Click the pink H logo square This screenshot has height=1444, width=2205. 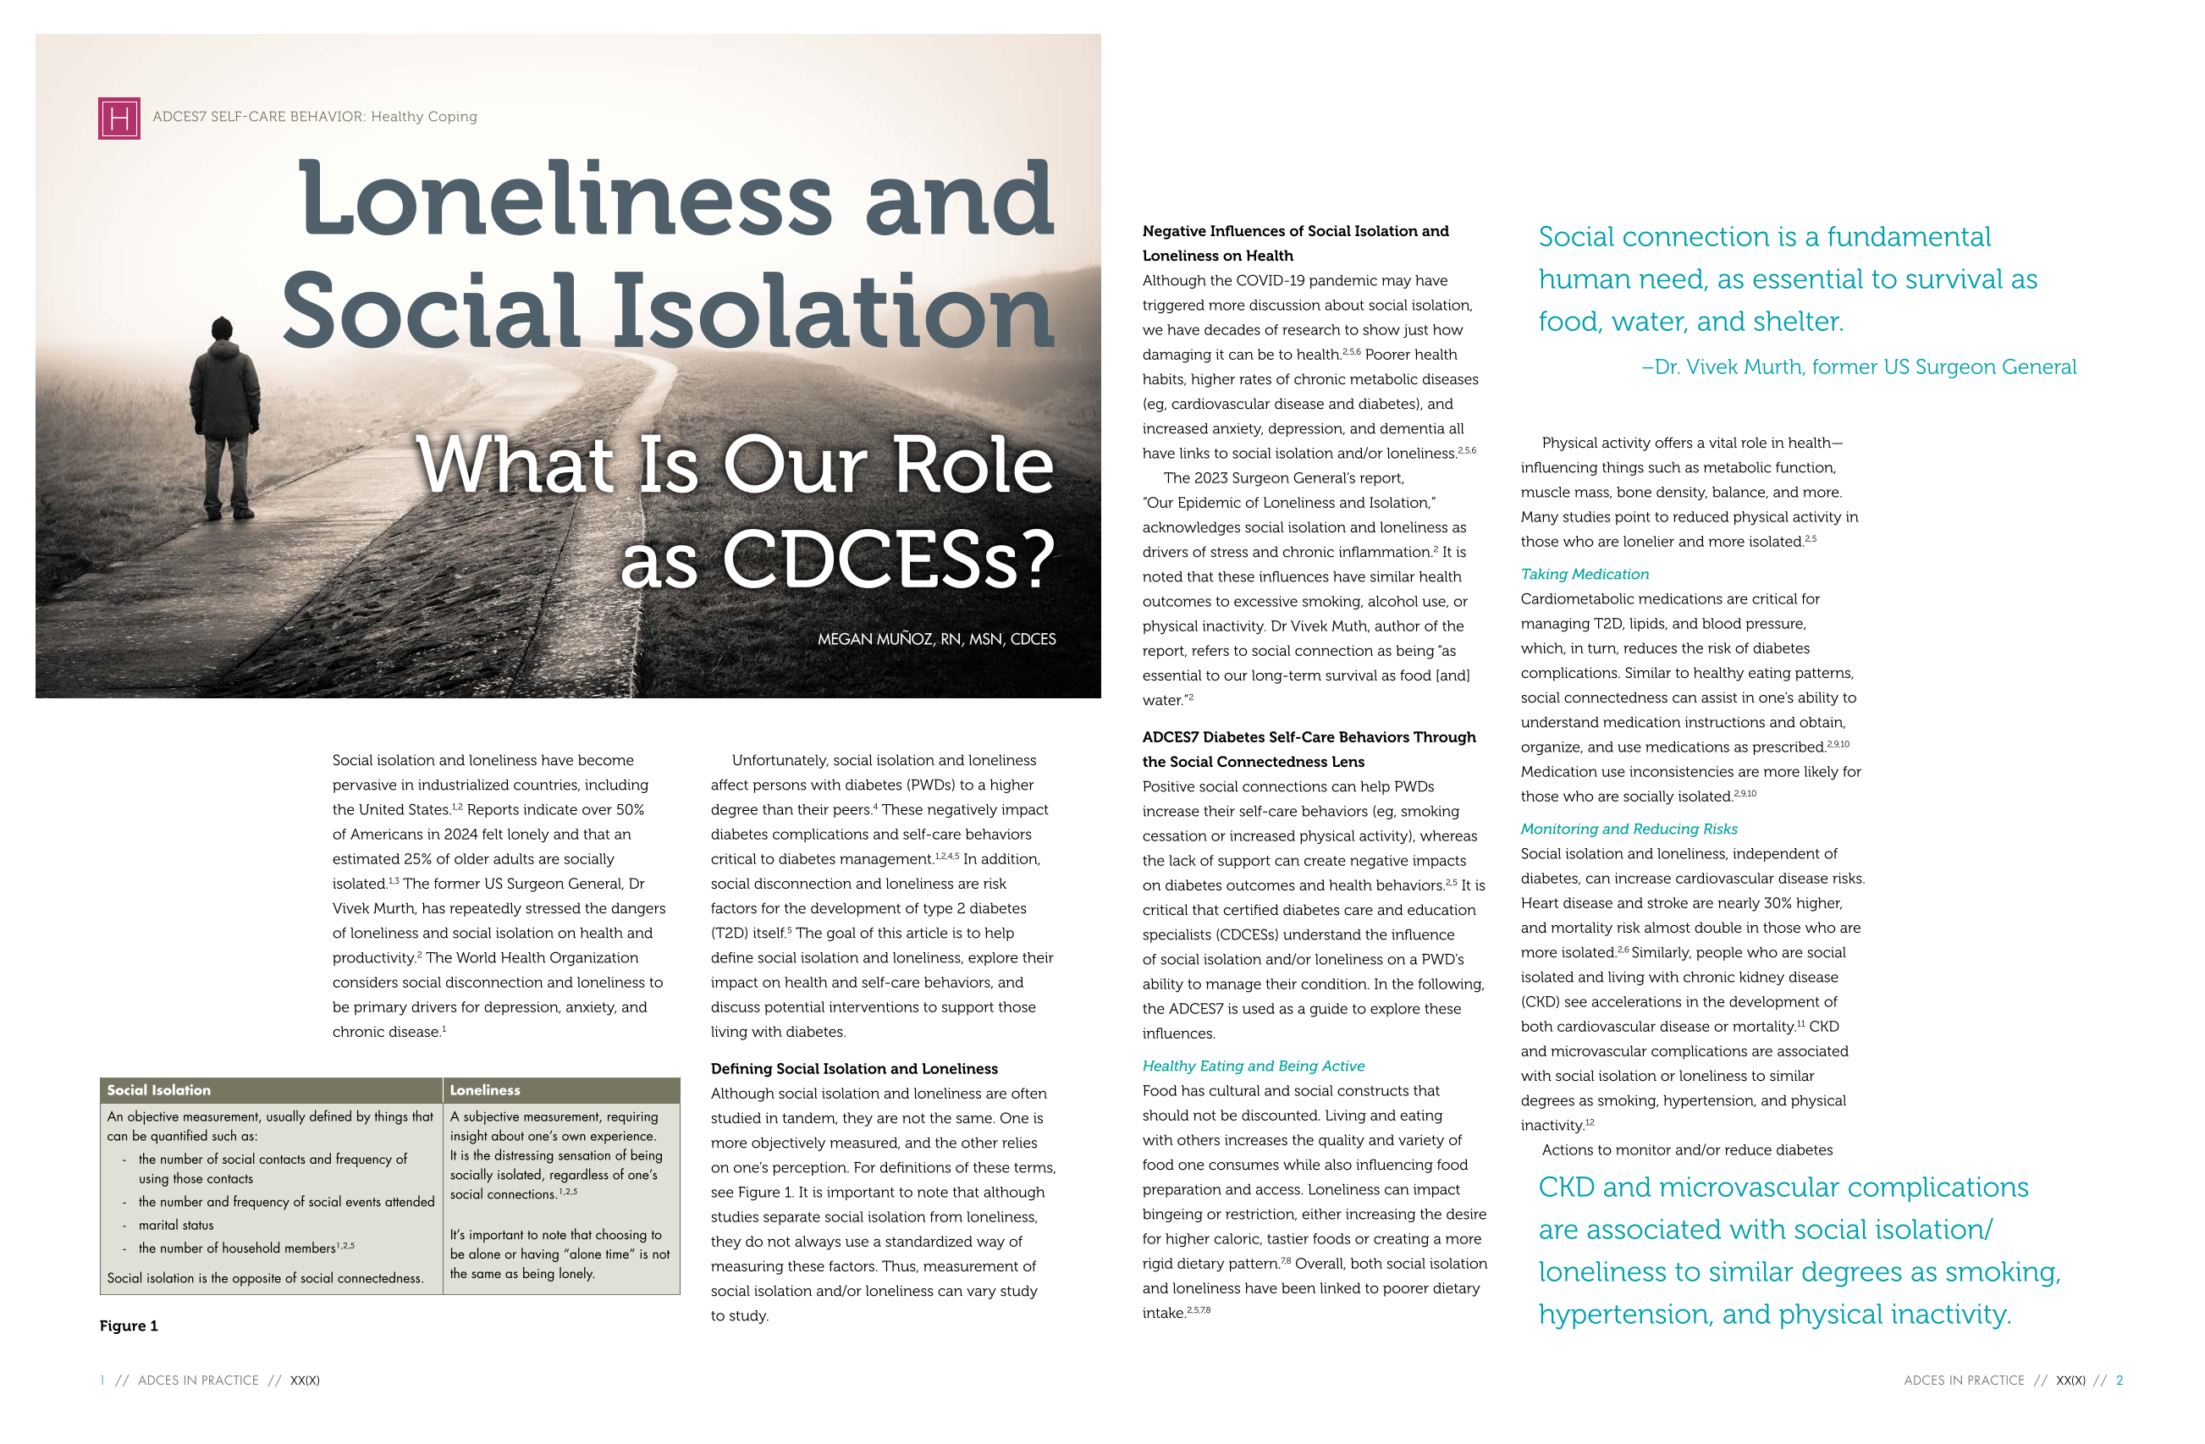(119, 118)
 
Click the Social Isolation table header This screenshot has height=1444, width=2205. (158, 1090)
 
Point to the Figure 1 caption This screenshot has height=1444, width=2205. (129, 1326)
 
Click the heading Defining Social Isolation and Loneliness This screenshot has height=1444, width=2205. (853, 1069)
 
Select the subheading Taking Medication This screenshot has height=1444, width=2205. (1585, 574)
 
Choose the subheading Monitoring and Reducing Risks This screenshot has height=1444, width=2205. (1629, 829)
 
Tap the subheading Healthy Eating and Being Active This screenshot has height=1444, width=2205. (1253, 1066)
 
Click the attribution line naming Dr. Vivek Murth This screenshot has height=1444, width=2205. (1859, 367)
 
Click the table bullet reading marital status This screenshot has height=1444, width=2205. (176, 1225)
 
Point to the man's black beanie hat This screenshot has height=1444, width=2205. (222, 327)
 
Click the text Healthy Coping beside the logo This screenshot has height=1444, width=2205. (423, 117)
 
